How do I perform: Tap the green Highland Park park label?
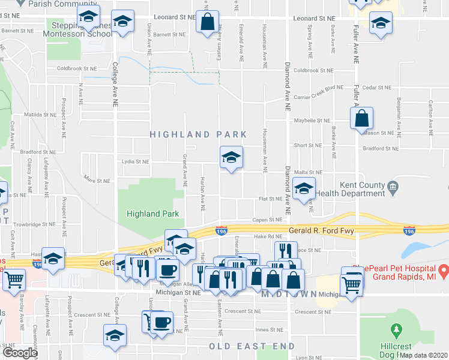pos(144,214)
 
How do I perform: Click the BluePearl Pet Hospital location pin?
pos(443,270)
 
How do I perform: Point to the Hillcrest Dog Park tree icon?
pos(396,330)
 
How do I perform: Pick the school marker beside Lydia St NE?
pos(231,158)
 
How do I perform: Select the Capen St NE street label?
pos(267,220)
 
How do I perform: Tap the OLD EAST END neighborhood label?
pos(252,346)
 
